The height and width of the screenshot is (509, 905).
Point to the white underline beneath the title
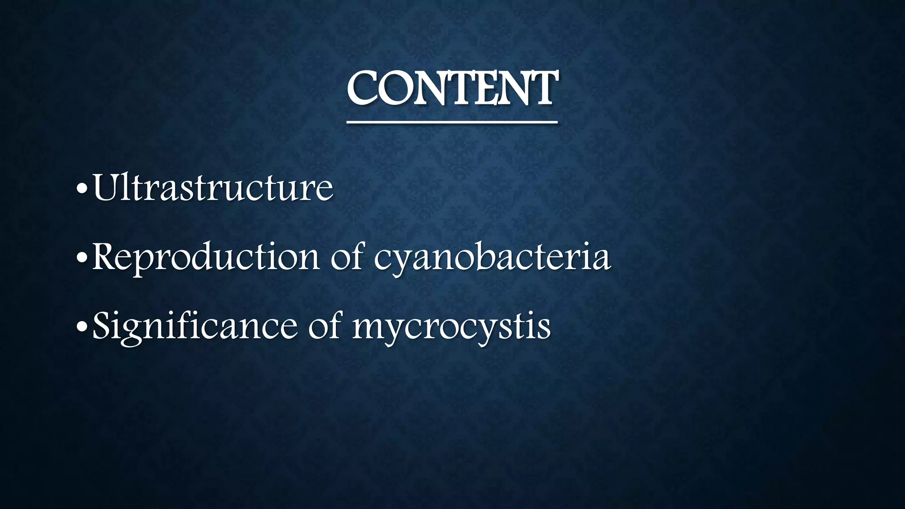pos(452,122)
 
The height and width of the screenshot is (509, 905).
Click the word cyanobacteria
pos(492,258)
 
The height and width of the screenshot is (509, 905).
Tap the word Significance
pos(195,327)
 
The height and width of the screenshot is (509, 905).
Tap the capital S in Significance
pos(101,326)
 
